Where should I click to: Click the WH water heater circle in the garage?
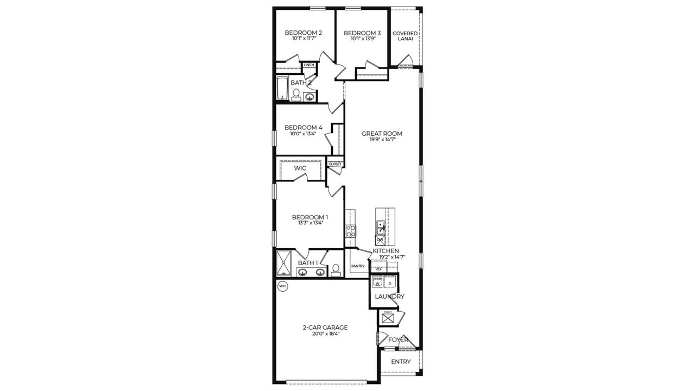[282, 286]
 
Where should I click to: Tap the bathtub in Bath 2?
[282, 89]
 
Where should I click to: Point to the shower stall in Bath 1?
[284, 263]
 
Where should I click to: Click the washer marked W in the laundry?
[377, 283]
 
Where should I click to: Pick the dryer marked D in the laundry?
[390, 283]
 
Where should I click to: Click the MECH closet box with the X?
[388, 318]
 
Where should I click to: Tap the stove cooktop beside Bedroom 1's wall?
[351, 231]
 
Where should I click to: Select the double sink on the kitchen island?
[381, 228]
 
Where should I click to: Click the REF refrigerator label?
[378, 269]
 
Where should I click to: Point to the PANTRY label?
[358, 266]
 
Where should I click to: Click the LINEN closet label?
[309, 65]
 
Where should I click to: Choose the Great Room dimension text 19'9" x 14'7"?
[382, 140]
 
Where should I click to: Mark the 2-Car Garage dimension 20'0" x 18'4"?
[325, 335]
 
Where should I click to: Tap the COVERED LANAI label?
[405, 36]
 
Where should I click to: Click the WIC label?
[300, 168]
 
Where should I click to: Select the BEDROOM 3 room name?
[362, 33]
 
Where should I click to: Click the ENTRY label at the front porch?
[401, 362]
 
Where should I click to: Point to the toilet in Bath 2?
[296, 96]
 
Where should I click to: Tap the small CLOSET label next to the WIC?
[335, 164]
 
